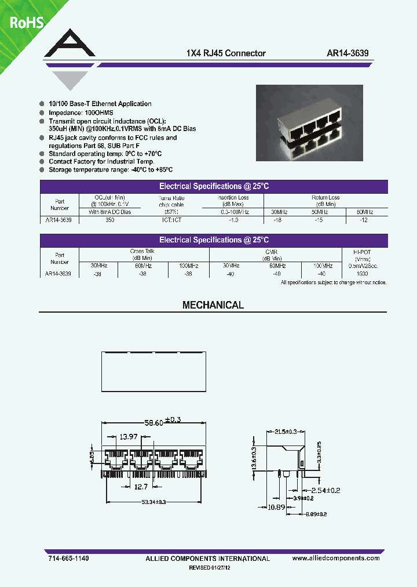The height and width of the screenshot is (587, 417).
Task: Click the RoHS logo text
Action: coord(26,23)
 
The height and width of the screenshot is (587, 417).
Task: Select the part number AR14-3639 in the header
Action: coord(348,53)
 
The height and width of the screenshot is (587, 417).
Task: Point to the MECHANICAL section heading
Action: coord(213,305)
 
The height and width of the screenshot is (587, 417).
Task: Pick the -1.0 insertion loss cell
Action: coord(233,220)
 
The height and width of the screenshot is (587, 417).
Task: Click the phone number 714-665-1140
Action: coord(65,557)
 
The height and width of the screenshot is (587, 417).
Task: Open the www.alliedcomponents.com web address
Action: coord(336,557)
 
